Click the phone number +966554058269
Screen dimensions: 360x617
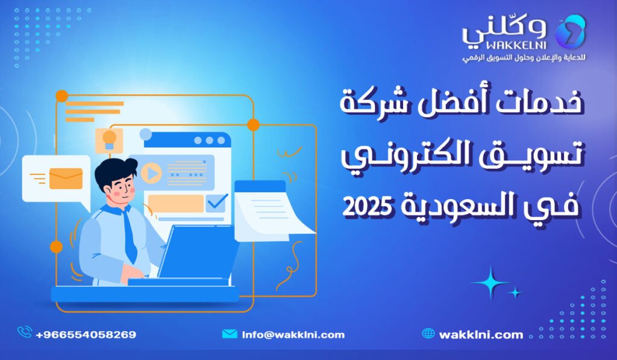coord(86,334)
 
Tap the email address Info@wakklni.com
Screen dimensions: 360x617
coord(293,334)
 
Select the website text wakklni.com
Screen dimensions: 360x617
coord(481,334)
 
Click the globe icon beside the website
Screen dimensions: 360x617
coord(428,333)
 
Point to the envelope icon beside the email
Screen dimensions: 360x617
coord(230,333)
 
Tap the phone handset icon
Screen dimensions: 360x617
coord(25,332)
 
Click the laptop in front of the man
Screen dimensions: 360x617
coord(199,253)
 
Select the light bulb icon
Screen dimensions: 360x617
coord(109,139)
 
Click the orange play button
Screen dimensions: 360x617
coord(152,174)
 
